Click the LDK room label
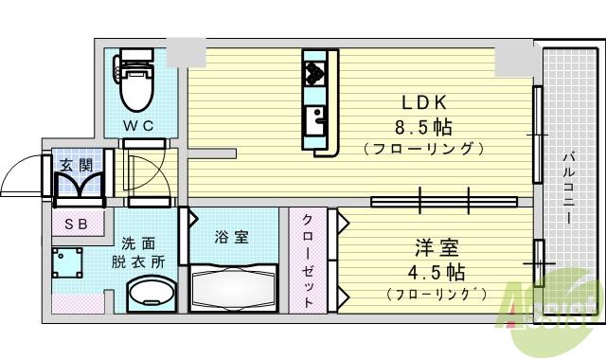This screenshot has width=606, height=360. [x=423, y=102]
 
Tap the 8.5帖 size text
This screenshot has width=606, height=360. [x=423, y=126]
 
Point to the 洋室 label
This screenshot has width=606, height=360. [x=437, y=249]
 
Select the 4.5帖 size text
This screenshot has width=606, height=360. [x=437, y=273]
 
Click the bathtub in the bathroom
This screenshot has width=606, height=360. [x=233, y=285]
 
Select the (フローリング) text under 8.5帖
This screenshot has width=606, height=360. [x=423, y=148]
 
